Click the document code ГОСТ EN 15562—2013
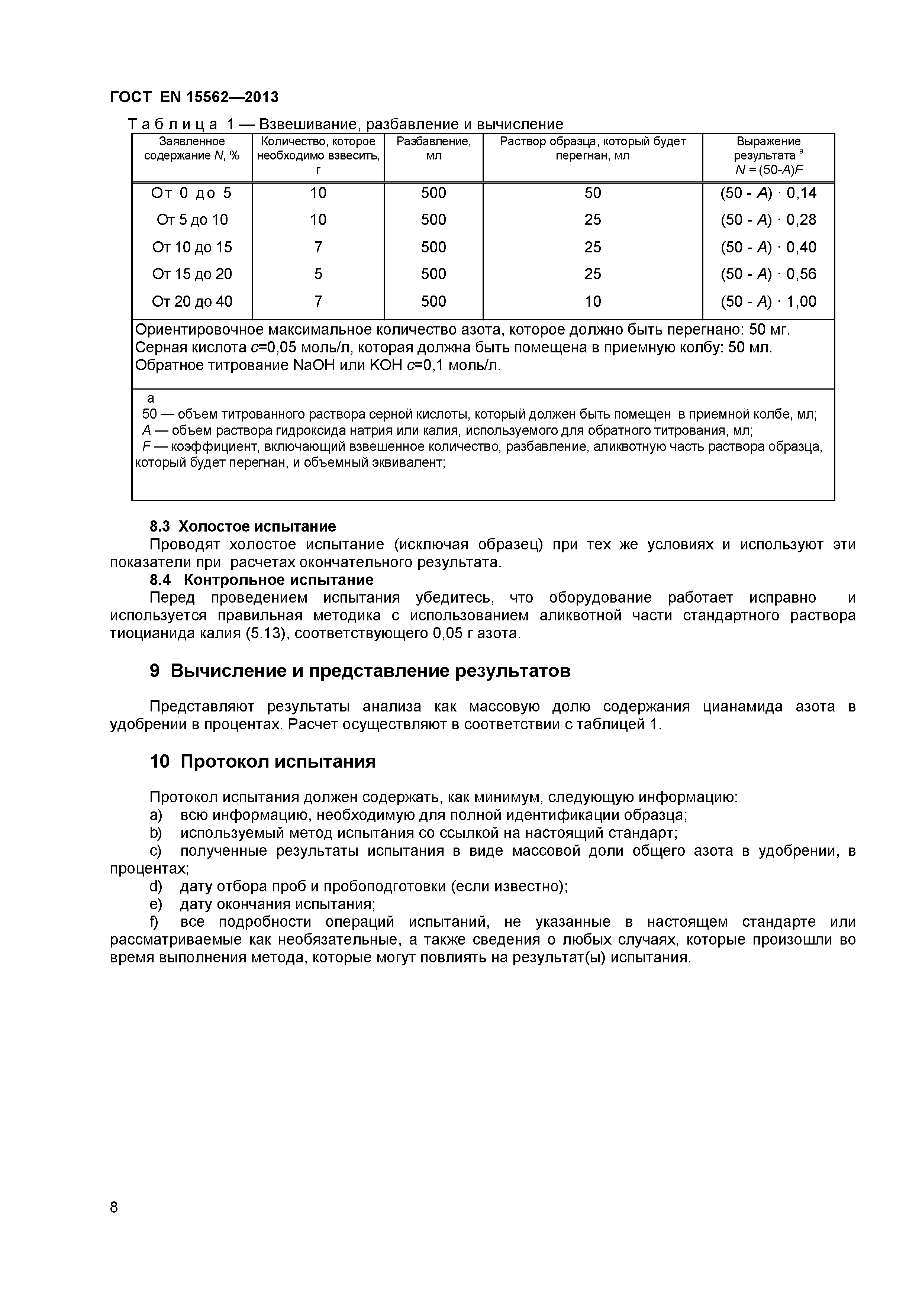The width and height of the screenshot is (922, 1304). [194, 97]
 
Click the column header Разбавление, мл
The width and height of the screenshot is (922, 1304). [433, 148]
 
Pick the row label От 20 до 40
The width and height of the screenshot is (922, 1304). [192, 301]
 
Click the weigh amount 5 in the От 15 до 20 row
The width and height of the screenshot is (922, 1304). [318, 274]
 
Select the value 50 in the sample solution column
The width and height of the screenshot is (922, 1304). [593, 193]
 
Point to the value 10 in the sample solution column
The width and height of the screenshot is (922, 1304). [593, 301]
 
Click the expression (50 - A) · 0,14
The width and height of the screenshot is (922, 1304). [768, 193]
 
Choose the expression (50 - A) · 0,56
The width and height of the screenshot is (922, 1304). [768, 274]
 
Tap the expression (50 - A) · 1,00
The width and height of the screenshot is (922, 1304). [768, 301]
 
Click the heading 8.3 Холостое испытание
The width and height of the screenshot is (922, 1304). [242, 526]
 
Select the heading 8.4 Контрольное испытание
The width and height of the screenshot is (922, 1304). [261, 580]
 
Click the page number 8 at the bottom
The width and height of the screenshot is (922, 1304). [114, 1223]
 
